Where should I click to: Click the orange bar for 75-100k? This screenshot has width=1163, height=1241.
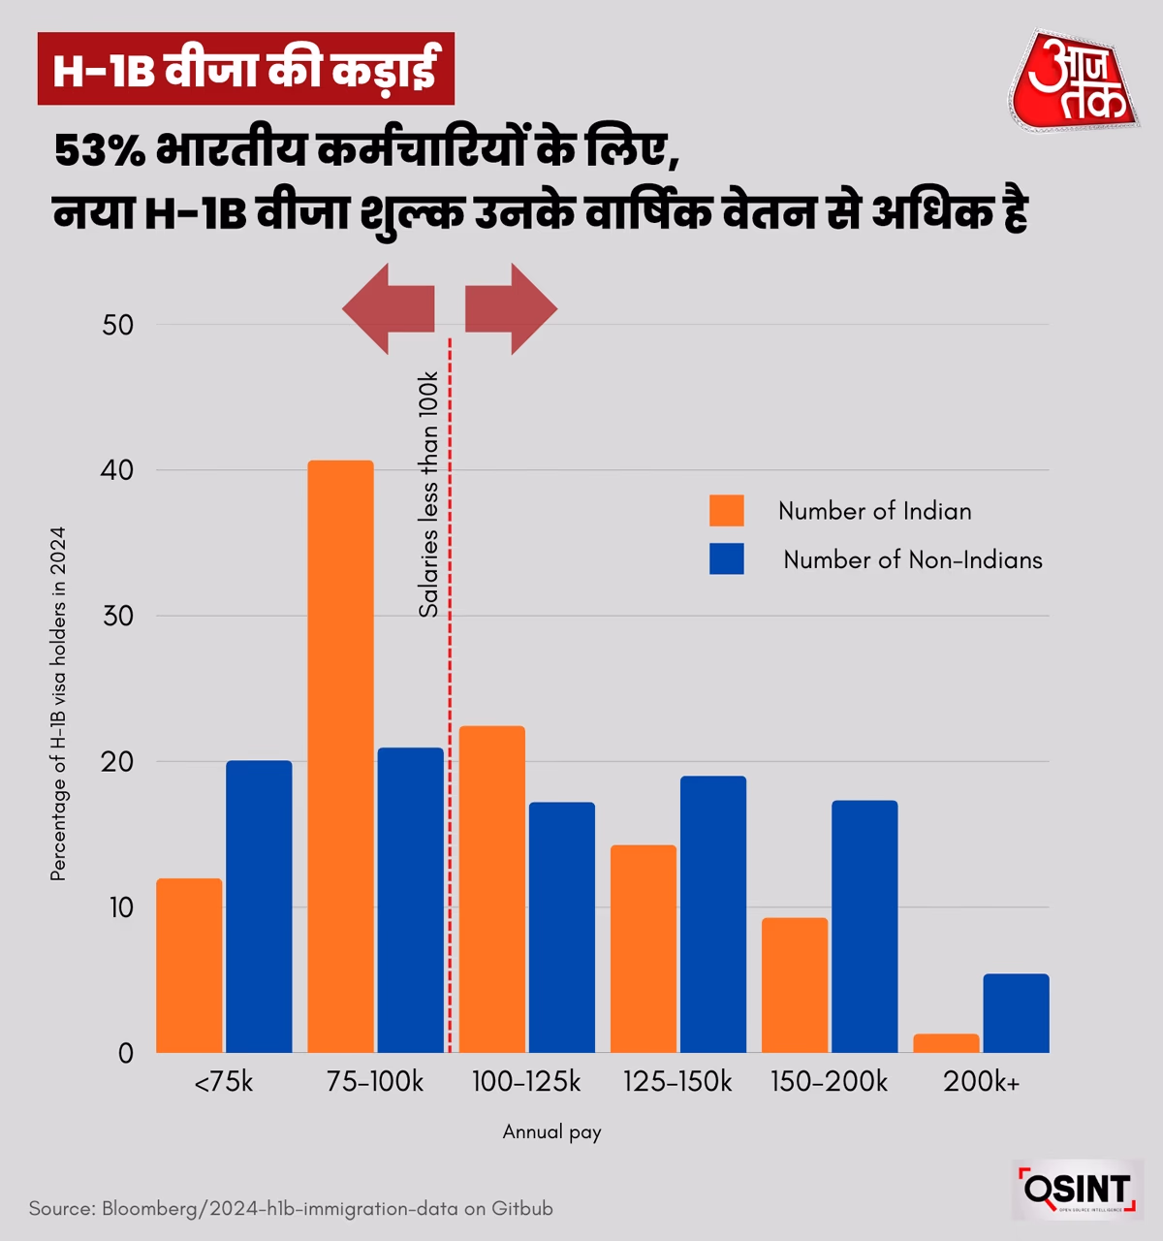coord(340,756)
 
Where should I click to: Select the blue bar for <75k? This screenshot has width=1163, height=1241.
coord(259,907)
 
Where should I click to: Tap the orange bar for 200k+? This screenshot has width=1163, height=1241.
coord(946,1043)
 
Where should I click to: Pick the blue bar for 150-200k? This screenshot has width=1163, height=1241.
coord(864,926)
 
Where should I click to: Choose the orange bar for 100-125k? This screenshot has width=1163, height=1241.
coord(492,889)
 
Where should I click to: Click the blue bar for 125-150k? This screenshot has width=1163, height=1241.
coord(713,914)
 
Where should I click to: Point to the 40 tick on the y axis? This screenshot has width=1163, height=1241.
coord(118,470)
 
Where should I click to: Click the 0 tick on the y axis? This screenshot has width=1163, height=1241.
coord(126,1054)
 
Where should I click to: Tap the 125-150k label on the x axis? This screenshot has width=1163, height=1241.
coord(677,1082)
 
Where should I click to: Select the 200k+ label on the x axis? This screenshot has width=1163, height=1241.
coord(981,1082)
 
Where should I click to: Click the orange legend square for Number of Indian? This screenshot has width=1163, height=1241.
coord(727,511)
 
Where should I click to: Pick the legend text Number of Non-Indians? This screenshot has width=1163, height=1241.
coord(912,560)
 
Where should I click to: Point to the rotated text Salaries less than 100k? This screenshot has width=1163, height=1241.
coord(428,494)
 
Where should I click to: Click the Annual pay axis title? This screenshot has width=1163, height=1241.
coord(551,1131)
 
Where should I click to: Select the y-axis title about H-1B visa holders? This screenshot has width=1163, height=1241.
coord(58,704)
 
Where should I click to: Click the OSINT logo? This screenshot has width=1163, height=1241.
coord(1077,1190)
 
